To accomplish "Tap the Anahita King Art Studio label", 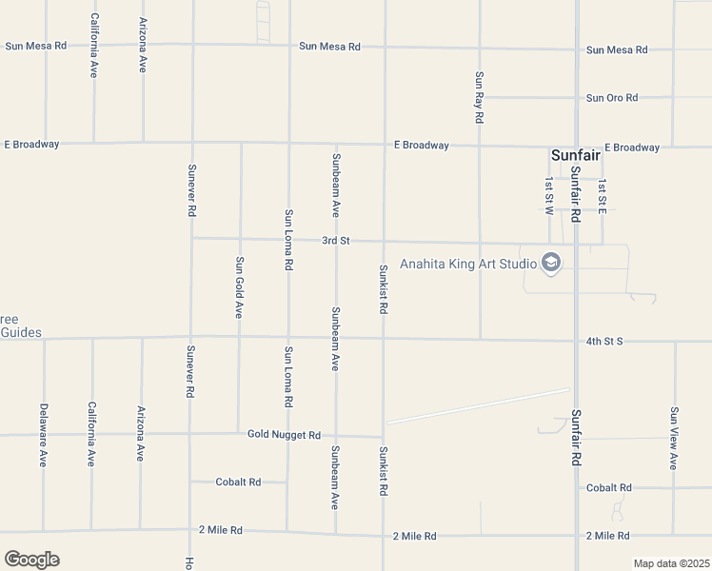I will (467, 264).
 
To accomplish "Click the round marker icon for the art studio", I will (550, 263).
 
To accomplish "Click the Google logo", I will (31, 560).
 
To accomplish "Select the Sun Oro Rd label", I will (611, 98).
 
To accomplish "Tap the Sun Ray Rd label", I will (480, 97).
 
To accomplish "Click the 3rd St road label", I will (335, 241).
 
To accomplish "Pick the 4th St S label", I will (603, 341).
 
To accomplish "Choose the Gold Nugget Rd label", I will (284, 435).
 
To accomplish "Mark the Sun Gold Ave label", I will (240, 286).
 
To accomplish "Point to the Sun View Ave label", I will (674, 438).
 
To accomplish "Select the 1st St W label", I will (549, 196).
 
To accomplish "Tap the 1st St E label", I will (602, 196).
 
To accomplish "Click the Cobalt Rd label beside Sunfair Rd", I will (608, 488).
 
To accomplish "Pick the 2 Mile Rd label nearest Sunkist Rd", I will (414, 537).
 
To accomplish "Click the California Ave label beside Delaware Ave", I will (92, 433).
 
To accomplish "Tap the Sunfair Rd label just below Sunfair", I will (576, 194).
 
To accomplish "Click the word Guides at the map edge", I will (20, 332).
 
